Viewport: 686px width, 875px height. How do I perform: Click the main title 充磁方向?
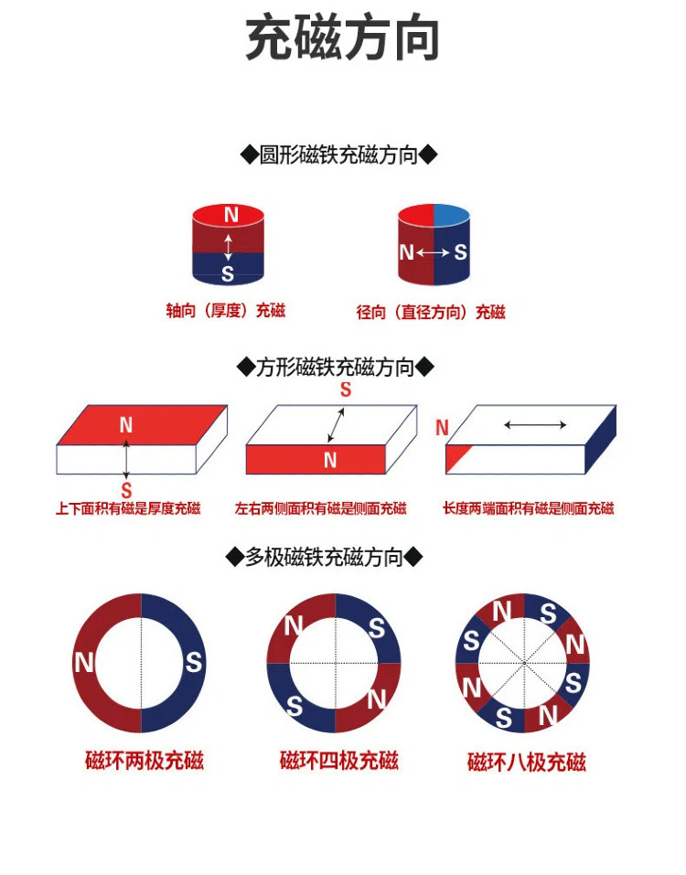[x=343, y=38]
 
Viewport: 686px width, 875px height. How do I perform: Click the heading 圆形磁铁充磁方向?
[x=338, y=155]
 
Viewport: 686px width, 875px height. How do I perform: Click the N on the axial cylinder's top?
[x=230, y=215]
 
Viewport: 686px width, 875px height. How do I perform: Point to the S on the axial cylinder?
[x=228, y=273]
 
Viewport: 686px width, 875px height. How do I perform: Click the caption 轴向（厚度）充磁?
[x=226, y=311]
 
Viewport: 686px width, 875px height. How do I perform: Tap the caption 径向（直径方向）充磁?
[x=431, y=313]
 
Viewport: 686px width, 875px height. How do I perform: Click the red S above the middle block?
[x=346, y=390]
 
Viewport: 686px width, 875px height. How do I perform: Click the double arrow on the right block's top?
[x=535, y=424]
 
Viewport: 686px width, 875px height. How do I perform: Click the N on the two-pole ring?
[x=84, y=663]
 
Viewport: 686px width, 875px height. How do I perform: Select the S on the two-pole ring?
[x=193, y=662]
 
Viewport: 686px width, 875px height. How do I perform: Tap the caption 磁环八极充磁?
[x=526, y=762]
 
